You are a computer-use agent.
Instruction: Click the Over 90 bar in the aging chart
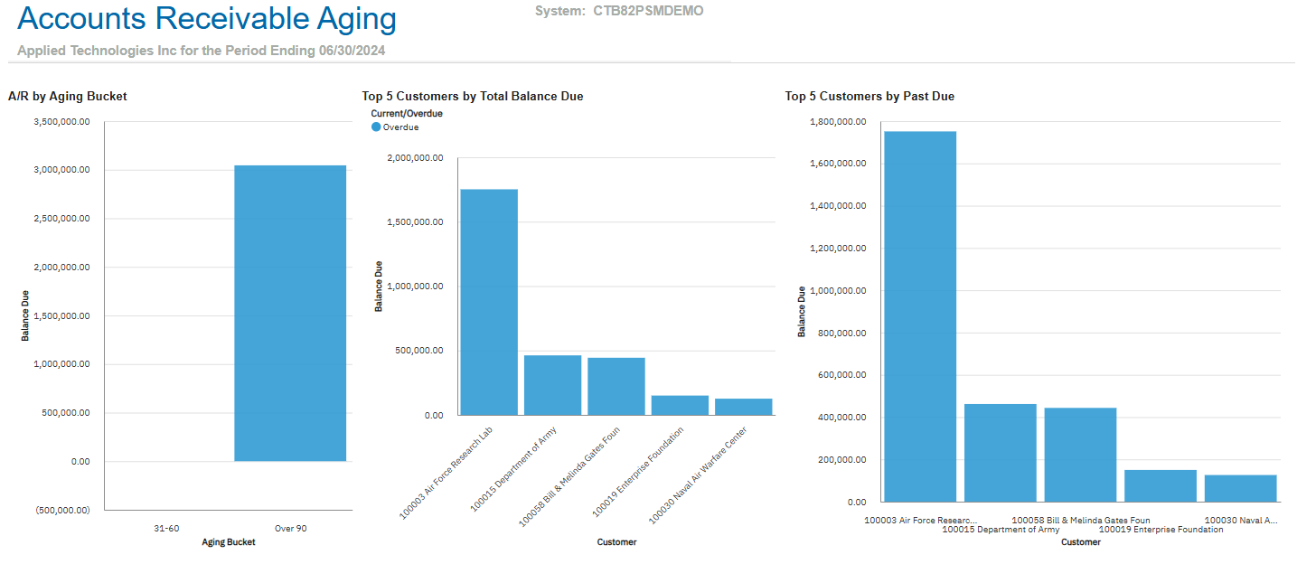(290, 313)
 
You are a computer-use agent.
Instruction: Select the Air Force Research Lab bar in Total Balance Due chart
(489, 302)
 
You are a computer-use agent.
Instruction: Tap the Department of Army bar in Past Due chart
(1000, 452)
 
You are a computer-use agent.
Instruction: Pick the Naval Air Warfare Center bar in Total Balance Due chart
(743, 407)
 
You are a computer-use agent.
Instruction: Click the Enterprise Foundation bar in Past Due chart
(1160, 485)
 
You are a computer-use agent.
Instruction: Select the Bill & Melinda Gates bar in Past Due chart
(1080, 454)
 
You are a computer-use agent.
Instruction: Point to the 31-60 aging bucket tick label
(166, 528)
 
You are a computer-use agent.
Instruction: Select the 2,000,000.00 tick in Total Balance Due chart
(415, 158)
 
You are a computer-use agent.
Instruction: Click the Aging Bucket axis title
(228, 542)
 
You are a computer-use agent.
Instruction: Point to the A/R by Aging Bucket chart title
(67, 96)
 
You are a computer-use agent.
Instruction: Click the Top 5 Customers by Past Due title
(869, 96)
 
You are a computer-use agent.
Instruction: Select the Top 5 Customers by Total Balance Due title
(472, 96)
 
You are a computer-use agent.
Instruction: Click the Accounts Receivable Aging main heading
(207, 19)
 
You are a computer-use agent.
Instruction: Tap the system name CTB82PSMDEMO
(648, 11)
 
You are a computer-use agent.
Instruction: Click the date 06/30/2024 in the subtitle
(352, 51)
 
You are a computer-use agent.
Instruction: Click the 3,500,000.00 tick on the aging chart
(61, 122)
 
